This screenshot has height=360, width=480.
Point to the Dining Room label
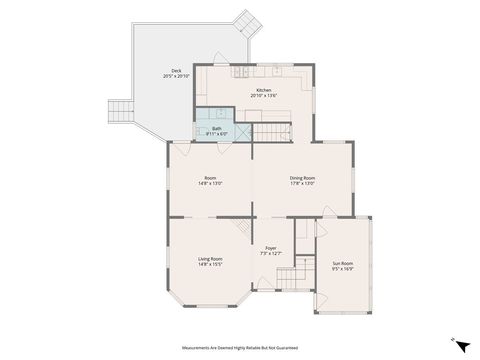[302, 180]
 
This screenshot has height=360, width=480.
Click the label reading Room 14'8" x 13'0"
[210, 181]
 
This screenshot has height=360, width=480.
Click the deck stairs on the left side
[119, 111]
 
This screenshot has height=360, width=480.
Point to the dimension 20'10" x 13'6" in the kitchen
[263, 96]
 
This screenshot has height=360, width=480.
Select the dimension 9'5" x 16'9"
[342, 270]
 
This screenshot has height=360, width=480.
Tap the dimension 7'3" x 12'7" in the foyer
[271, 254]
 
